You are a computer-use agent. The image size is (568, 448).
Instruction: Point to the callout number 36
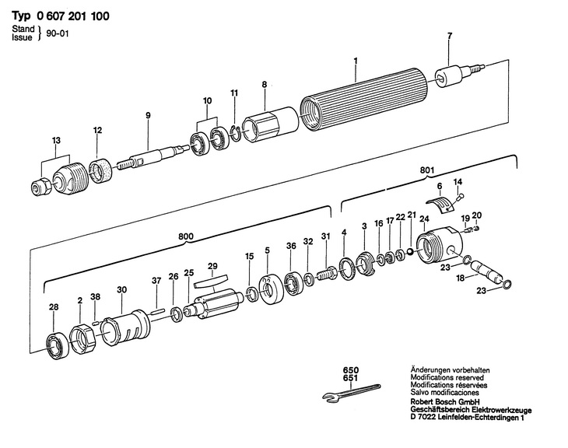[290, 246]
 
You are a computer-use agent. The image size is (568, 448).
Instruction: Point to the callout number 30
[121, 289]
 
